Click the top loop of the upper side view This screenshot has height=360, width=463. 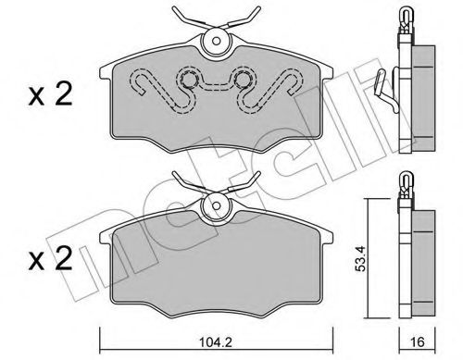click(x=405, y=16)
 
